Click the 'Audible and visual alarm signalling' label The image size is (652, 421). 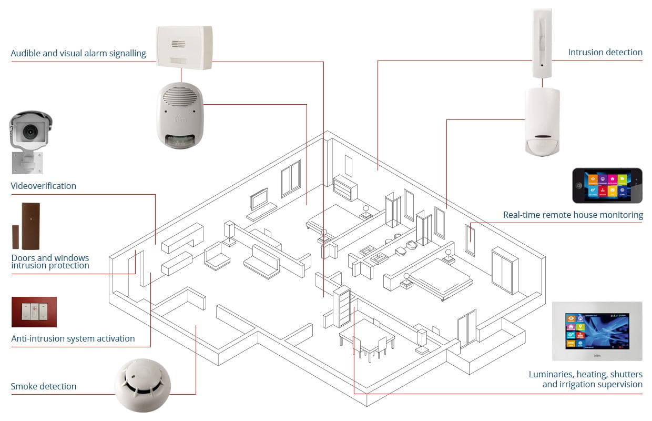coord(78,53)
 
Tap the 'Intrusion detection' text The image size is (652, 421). coord(605,52)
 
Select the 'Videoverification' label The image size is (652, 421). coord(44,186)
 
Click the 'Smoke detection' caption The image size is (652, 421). coord(44,386)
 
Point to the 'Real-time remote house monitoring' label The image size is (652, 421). coord(573,215)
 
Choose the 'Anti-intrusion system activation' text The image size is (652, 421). coord(73,338)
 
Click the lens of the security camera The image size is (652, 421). coord(29,129)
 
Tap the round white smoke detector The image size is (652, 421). coord(142,386)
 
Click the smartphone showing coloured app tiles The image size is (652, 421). coord(607,186)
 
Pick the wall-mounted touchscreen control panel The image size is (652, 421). coord(597,331)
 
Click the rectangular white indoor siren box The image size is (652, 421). coord(184,47)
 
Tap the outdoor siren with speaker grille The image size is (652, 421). coord(180,116)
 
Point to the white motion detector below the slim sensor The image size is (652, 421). coord(542,122)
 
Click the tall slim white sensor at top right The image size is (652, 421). coord(542,42)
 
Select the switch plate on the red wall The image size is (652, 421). coord(34,312)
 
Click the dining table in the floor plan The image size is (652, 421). coord(366,337)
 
